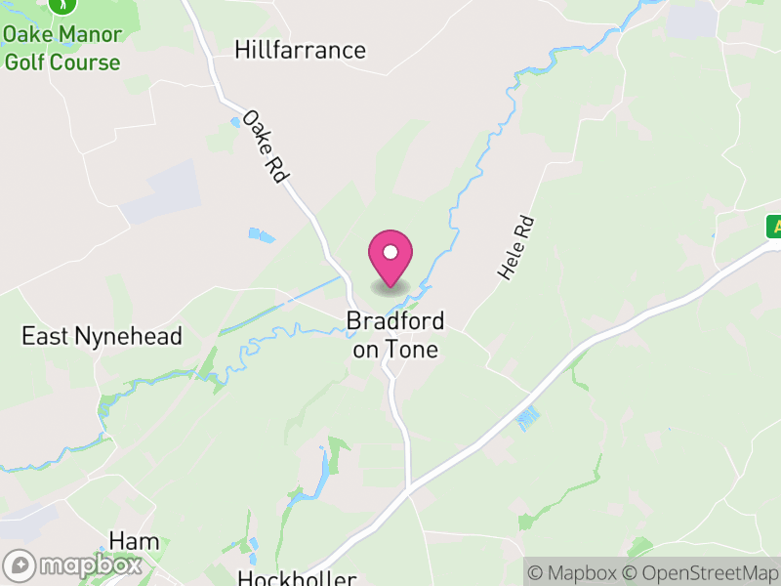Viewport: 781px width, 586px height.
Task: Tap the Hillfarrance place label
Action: [x=300, y=51]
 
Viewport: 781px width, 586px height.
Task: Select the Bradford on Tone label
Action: [x=395, y=335]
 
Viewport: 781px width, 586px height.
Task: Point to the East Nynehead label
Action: [x=103, y=337]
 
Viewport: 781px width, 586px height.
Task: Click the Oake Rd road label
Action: [x=266, y=146]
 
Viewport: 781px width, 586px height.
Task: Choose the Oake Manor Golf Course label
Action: [x=62, y=49]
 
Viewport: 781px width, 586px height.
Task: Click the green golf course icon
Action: [x=62, y=6]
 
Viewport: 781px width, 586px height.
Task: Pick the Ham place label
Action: [x=134, y=542]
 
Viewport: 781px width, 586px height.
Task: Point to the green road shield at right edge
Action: [x=774, y=227]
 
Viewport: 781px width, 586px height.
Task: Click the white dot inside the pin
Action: [x=390, y=252]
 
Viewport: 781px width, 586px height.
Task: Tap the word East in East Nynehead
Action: [x=45, y=337]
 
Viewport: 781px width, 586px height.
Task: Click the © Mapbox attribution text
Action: [x=574, y=572]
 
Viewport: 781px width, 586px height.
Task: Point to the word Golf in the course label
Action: [x=25, y=63]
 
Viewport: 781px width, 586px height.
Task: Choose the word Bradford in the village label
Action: [x=395, y=320]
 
